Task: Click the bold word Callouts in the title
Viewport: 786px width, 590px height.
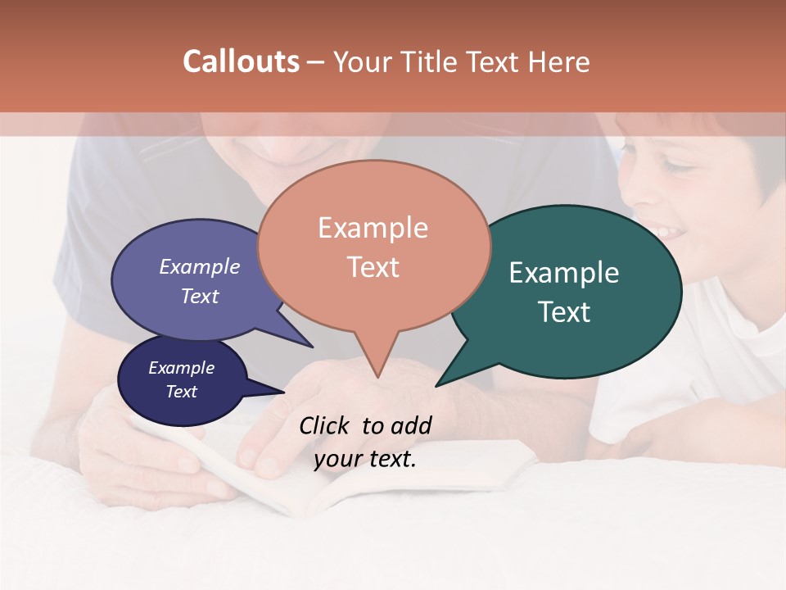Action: tap(241, 61)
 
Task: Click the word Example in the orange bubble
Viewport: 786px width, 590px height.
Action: tap(373, 228)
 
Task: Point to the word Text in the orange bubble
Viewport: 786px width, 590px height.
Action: tap(373, 267)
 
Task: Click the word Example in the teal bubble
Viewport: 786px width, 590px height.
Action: tap(563, 273)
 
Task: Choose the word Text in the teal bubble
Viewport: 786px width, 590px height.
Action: tap(564, 312)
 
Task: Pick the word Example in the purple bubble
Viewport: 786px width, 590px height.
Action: tap(199, 267)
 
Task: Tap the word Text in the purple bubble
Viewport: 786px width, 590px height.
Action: tap(199, 297)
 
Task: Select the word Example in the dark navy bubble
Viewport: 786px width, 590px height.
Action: tap(181, 368)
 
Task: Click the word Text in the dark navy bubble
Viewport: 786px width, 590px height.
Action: tap(181, 392)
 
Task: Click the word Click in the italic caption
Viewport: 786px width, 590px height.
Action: tap(326, 425)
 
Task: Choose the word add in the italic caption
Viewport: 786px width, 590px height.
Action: tap(411, 425)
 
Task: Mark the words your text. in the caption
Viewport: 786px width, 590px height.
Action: tap(364, 459)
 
